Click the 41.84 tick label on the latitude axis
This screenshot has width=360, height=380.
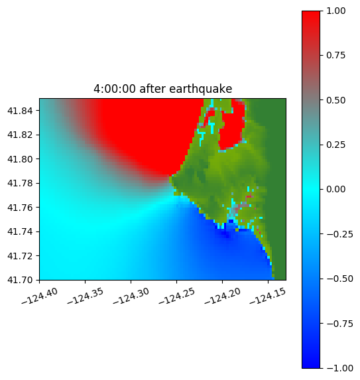[x=20, y=111]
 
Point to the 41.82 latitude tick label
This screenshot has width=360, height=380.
[x=20, y=135]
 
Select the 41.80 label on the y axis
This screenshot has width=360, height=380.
[x=20, y=159]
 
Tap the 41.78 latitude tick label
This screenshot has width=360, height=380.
[x=20, y=183]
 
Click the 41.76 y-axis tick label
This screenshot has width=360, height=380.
[x=20, y=208]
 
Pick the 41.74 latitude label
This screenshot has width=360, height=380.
[x=20, y=231]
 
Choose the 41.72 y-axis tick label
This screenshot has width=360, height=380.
[x=20, y=256]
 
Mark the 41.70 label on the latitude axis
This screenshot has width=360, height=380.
[x=20, y=280]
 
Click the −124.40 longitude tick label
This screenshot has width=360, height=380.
[x=40, y=296]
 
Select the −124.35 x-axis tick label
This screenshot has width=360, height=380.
[x=86, y=296]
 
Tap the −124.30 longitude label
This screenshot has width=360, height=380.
[x=131, y=296]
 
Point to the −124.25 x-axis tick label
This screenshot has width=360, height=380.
[x=177, y=296]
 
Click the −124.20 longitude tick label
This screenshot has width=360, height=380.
[x=222, y=296]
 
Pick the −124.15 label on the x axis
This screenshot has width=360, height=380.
[x=268, y=296]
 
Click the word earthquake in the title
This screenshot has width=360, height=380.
[x=201, y=89]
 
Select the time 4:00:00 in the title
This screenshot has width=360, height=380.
[x=115, y=89]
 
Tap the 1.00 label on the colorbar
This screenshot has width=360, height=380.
[x=335, y=11]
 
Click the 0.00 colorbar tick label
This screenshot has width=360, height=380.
[x=335, y=189]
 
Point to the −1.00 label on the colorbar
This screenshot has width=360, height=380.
[x=339, y=368]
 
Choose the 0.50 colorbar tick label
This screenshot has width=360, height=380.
[x=335, y=100]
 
